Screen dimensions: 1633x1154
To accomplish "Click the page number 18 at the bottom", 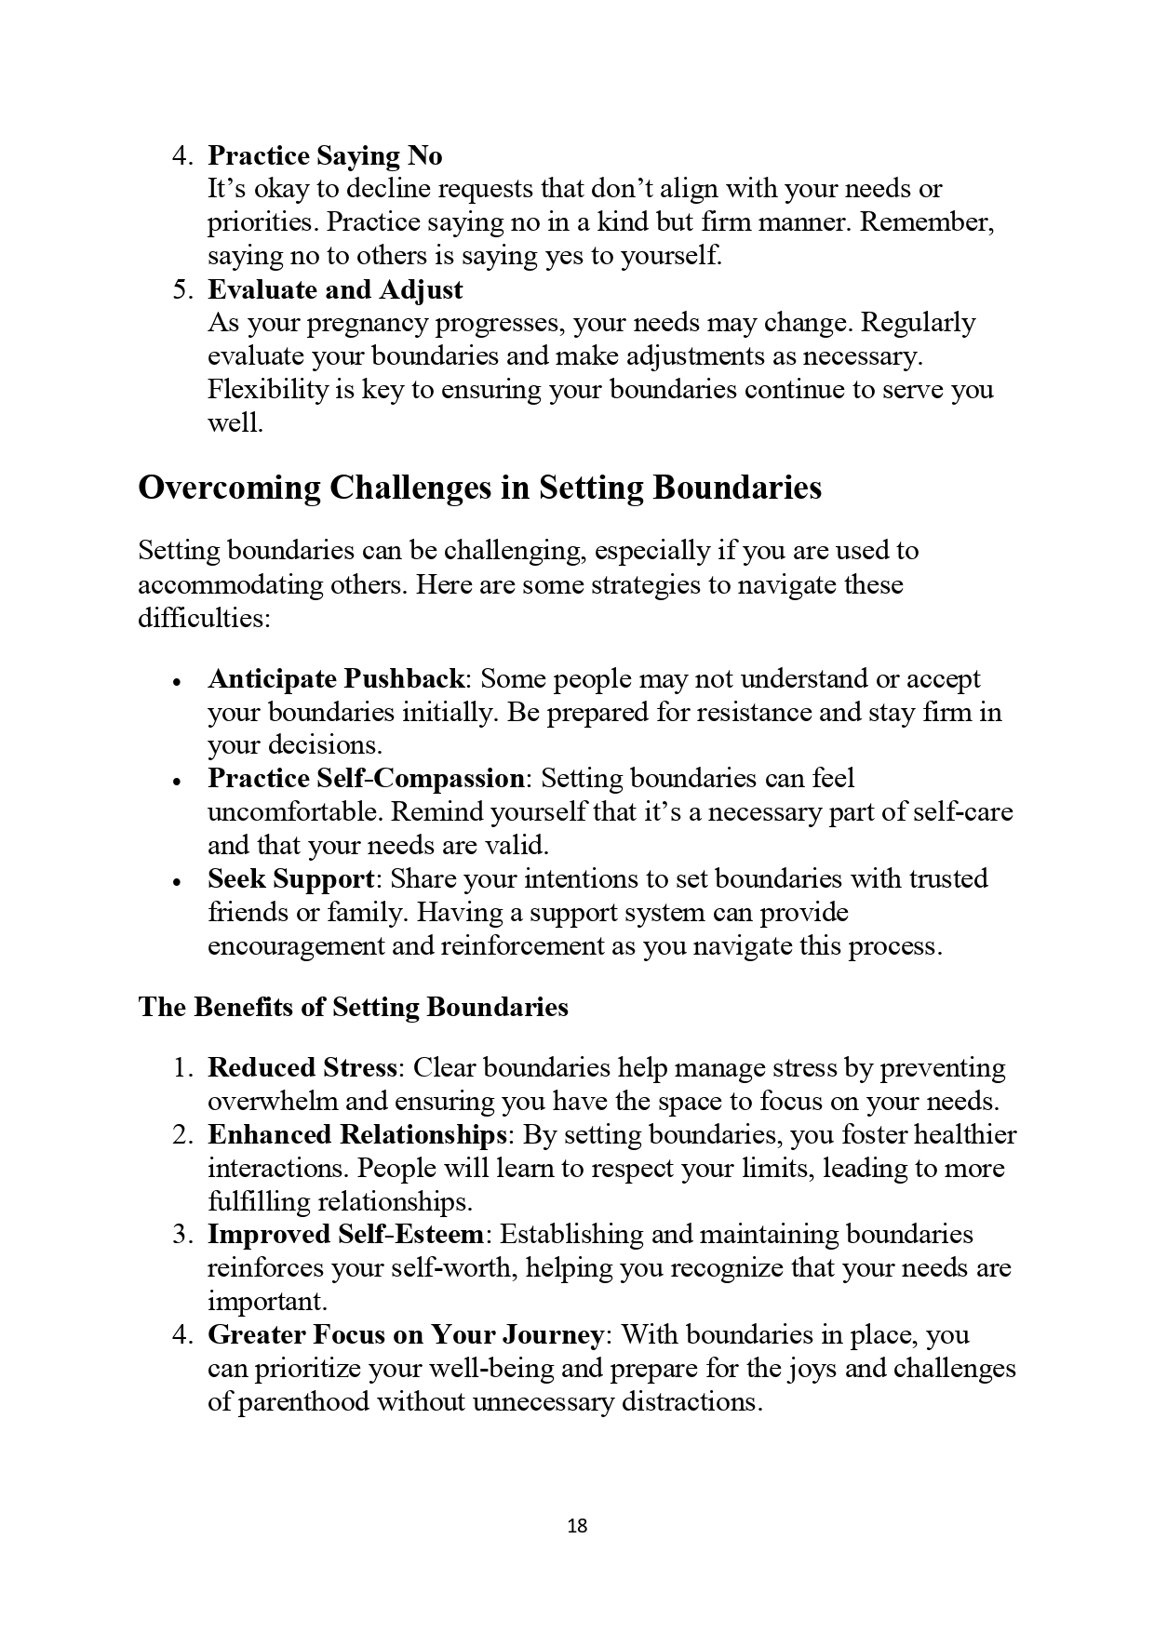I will [x=577, y=1525].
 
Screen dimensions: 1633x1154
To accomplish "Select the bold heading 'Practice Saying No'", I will [x=325, y=155].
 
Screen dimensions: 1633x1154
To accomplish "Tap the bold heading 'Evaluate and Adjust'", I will [x=335, y=289].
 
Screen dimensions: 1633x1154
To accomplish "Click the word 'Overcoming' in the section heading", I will [x=229, y=488].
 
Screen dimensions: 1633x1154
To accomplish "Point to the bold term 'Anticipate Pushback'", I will [x=336, y=678].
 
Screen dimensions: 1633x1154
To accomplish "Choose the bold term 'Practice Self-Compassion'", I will [x=367, y=778].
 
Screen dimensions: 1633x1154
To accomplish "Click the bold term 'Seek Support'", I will [x=290, y=878].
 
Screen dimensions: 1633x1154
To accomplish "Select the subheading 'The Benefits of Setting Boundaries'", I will [x=353, y=1007].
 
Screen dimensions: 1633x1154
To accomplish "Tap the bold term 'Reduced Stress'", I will [x=302, y=1067].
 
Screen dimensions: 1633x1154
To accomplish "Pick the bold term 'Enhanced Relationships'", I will [x=356, y=1134].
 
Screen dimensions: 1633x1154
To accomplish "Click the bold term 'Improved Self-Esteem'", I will [x=345, y=1235].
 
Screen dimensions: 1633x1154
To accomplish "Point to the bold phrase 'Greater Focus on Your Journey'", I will [x=406, y=1335].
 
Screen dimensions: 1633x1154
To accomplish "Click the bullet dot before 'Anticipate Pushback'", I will [x=176, y=681].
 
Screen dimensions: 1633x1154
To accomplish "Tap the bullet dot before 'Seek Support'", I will [x=176, y=881].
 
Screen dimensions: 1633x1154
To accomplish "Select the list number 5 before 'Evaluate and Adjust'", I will [x=180, y=290].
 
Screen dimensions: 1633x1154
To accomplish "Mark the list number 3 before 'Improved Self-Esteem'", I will [x=180, y=1236].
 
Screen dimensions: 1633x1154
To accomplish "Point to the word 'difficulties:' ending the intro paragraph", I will [x=205, y=618].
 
